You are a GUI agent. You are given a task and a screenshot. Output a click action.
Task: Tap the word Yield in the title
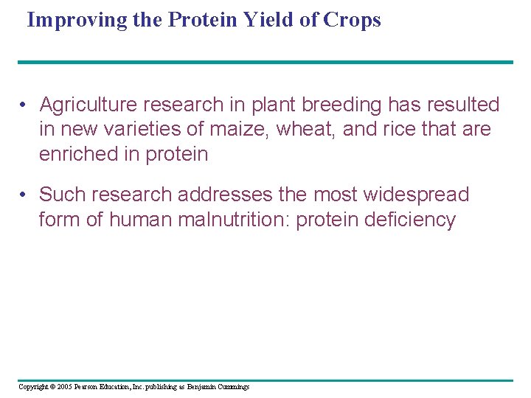click(x=260, y=20)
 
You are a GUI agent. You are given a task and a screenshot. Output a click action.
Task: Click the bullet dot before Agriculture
click(x=24, y=105)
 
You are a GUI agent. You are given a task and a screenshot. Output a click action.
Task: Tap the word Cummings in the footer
click(x=233, y=387)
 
